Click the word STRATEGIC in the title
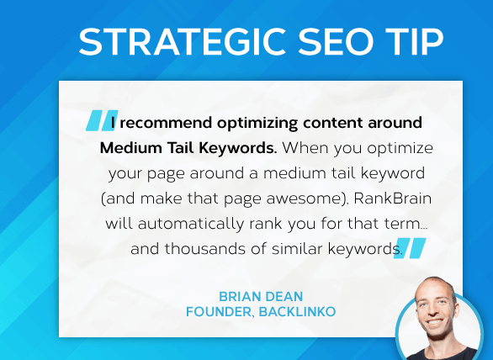(x=183, y=42)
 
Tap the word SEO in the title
(x=336, y=42)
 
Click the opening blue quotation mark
(x=102, y=120)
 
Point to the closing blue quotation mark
(x=410, y=248)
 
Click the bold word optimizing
(x=257, y=124)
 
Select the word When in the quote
(x=305, y=148)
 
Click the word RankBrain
(x=393, y=199)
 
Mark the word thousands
(x=205, y=249)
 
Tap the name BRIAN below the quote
(x=239, y=296)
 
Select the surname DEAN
(x=284, y=296)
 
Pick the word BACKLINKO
(x=297, y=312)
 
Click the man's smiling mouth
(x=435, y=323)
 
